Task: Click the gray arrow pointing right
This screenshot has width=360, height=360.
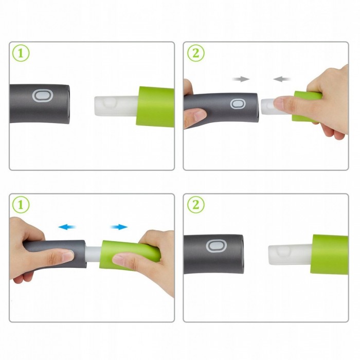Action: point(241,79)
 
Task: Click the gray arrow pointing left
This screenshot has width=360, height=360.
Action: point(282,79)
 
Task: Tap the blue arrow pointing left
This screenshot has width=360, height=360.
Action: point(67,227)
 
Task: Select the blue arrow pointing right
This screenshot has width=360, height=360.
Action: point(119,227)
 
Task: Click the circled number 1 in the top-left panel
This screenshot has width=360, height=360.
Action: point(21,53)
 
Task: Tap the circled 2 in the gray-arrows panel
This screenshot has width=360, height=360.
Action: point(196,53)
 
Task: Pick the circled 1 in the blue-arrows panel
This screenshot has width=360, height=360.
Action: point(21,205)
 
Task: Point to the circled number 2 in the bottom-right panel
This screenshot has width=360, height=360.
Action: point(196,205)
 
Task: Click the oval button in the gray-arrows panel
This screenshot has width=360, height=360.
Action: point(238,104)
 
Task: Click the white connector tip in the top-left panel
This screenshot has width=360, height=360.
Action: point(116,106)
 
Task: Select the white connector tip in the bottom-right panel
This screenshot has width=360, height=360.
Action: point(290,255)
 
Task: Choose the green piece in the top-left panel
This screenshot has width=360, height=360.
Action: point(155,106)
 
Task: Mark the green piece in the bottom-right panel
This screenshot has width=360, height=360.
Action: point(329,255)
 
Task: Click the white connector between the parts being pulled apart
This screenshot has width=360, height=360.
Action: point(93,254)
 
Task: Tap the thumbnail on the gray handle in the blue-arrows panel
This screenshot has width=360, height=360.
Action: point(68,256)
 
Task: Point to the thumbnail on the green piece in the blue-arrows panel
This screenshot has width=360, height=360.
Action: point(118,260)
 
